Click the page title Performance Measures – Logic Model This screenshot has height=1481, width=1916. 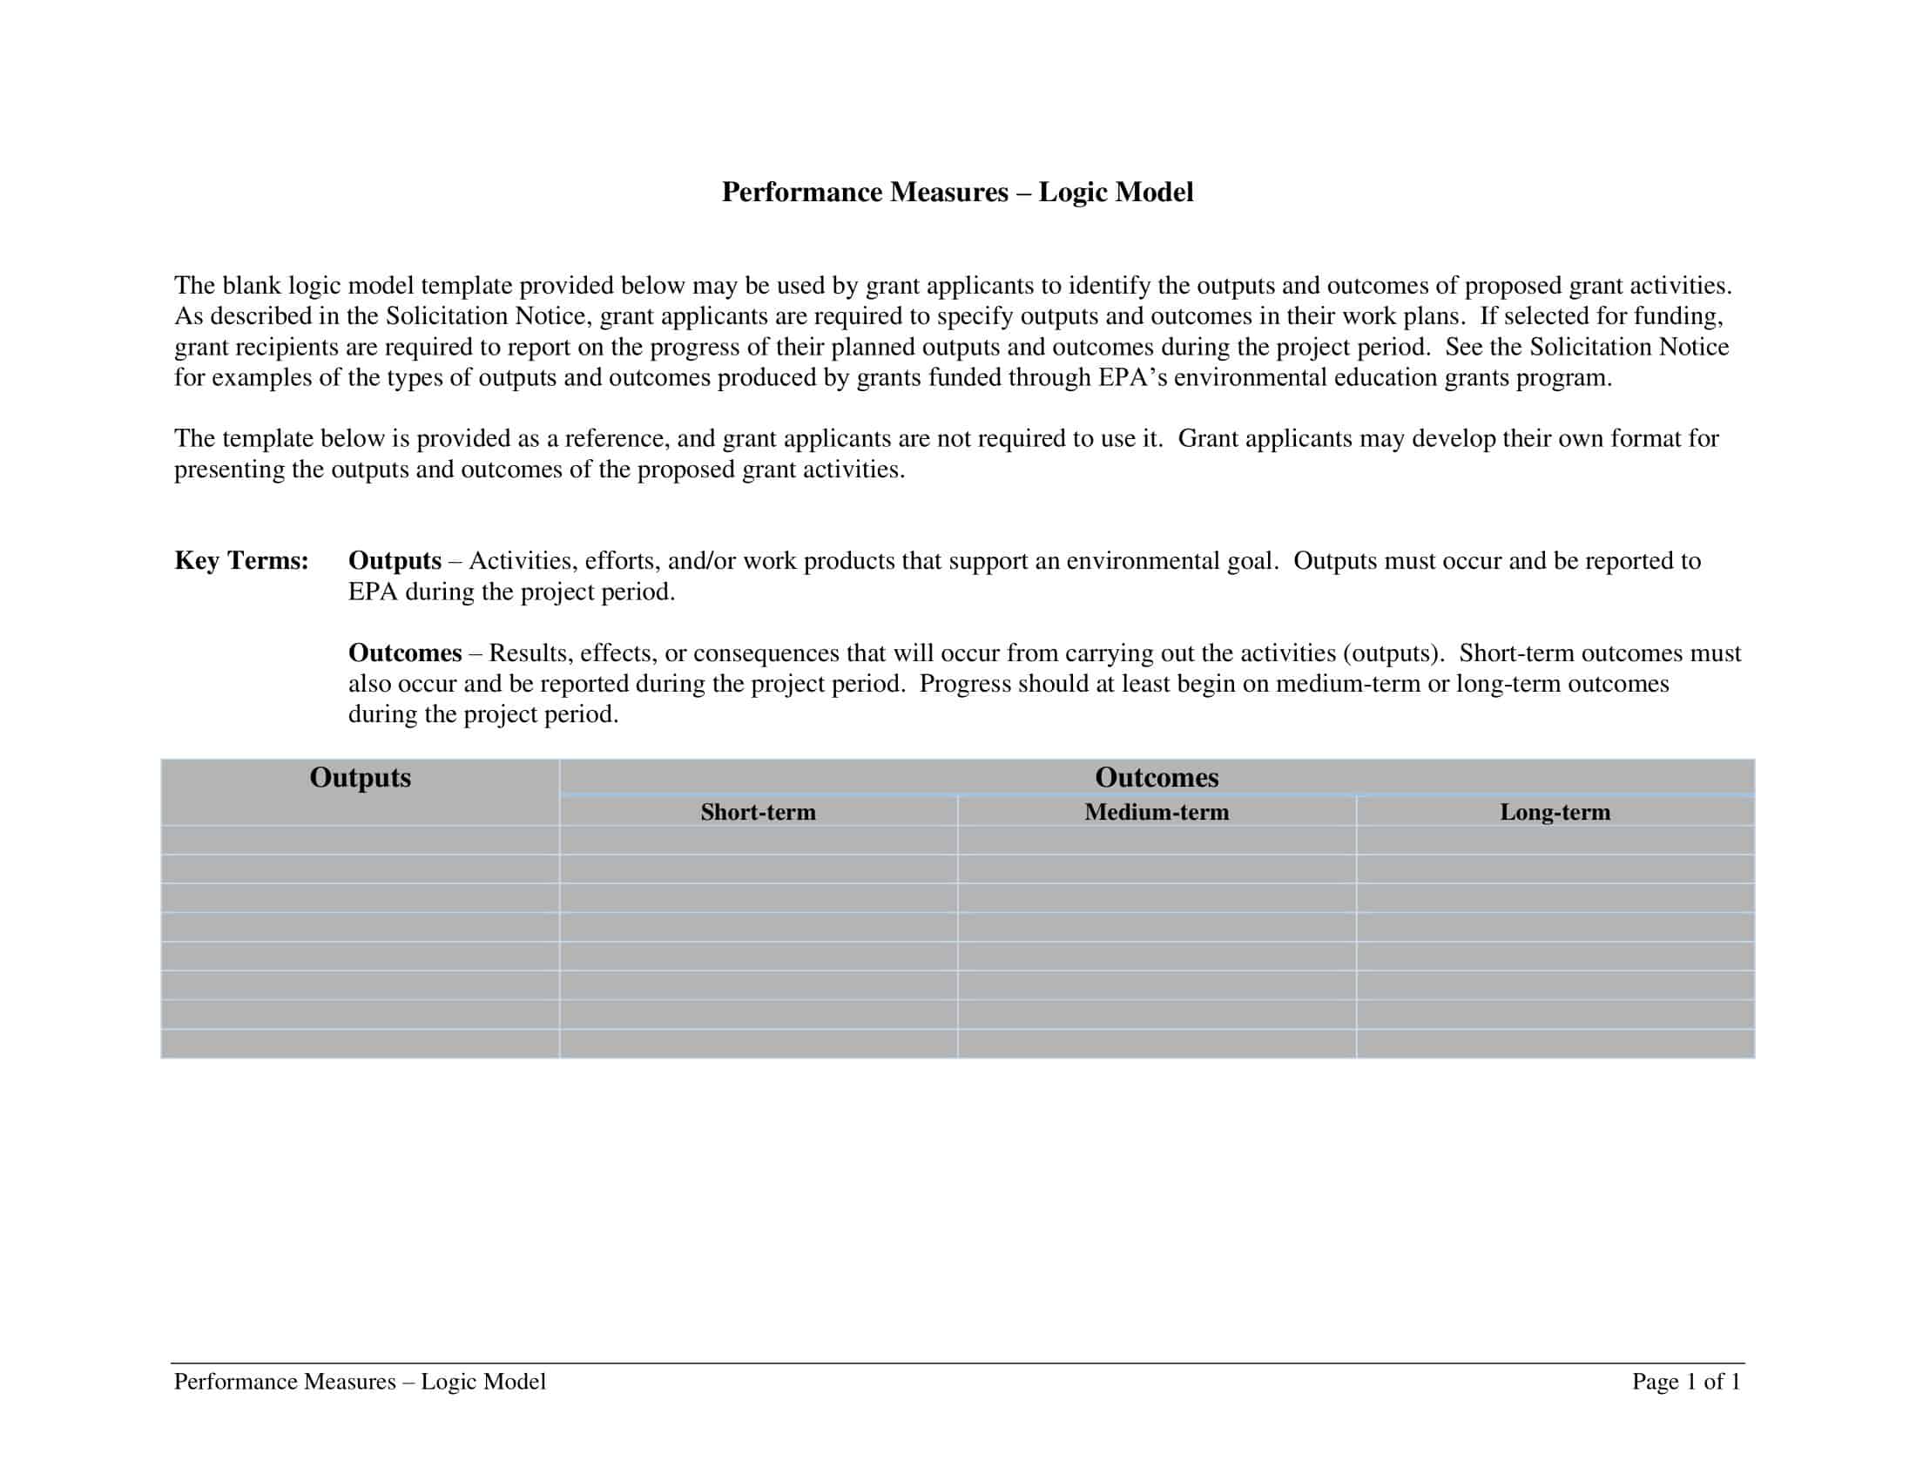957,193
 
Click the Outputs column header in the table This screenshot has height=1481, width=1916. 360,777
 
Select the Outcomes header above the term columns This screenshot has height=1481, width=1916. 1157,777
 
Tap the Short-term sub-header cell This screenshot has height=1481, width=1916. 758,813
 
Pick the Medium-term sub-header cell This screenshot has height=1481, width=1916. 1157,813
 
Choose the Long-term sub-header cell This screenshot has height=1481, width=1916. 1555,813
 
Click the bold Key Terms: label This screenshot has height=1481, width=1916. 241,561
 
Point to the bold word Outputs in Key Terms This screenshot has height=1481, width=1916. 395,561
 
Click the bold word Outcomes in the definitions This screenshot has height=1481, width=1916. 404,653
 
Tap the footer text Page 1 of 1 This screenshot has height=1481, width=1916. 1685,1382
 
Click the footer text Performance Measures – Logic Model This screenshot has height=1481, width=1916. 360,1382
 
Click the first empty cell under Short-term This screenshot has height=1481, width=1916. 758,841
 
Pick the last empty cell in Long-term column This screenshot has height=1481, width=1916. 1555,1044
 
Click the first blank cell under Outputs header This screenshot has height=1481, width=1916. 360,841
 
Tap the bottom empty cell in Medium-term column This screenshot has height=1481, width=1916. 1157,1044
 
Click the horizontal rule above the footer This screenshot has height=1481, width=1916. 957,1363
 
